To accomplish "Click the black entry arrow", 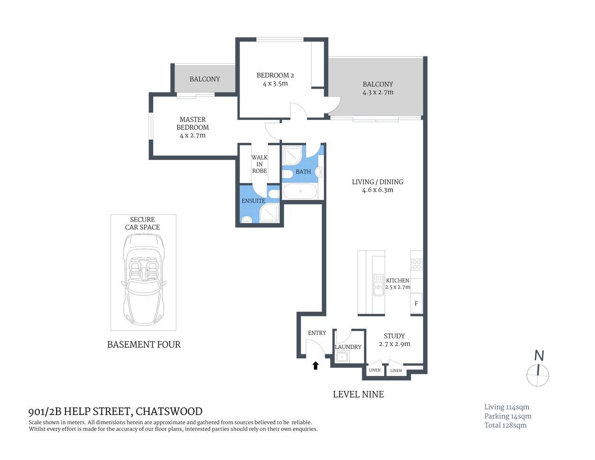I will tap(315, 366).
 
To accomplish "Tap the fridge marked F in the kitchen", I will tap(416, 303).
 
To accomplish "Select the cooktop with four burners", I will tap(417, 264).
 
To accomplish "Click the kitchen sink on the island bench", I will tap(378, 285).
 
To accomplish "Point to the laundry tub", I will tap(342, 356).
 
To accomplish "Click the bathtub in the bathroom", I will tap(300, 191).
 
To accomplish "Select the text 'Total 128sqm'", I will tap(505, 425).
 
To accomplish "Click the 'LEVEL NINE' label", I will tap(358, 394).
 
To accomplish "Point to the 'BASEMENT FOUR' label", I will tap(144, 345).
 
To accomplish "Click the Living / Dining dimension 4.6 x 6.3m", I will tap(378, 190).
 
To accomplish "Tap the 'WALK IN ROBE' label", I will tap(259, 164).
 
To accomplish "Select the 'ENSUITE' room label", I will tap(253, 201).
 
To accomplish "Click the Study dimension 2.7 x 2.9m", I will tap(394, 344).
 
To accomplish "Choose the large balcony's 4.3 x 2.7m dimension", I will tap(378, 92).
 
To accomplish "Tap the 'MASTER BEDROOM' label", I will tap(193, 124).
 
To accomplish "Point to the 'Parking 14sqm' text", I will tap(507, 416).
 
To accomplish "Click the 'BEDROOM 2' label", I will tap(275, 75).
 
